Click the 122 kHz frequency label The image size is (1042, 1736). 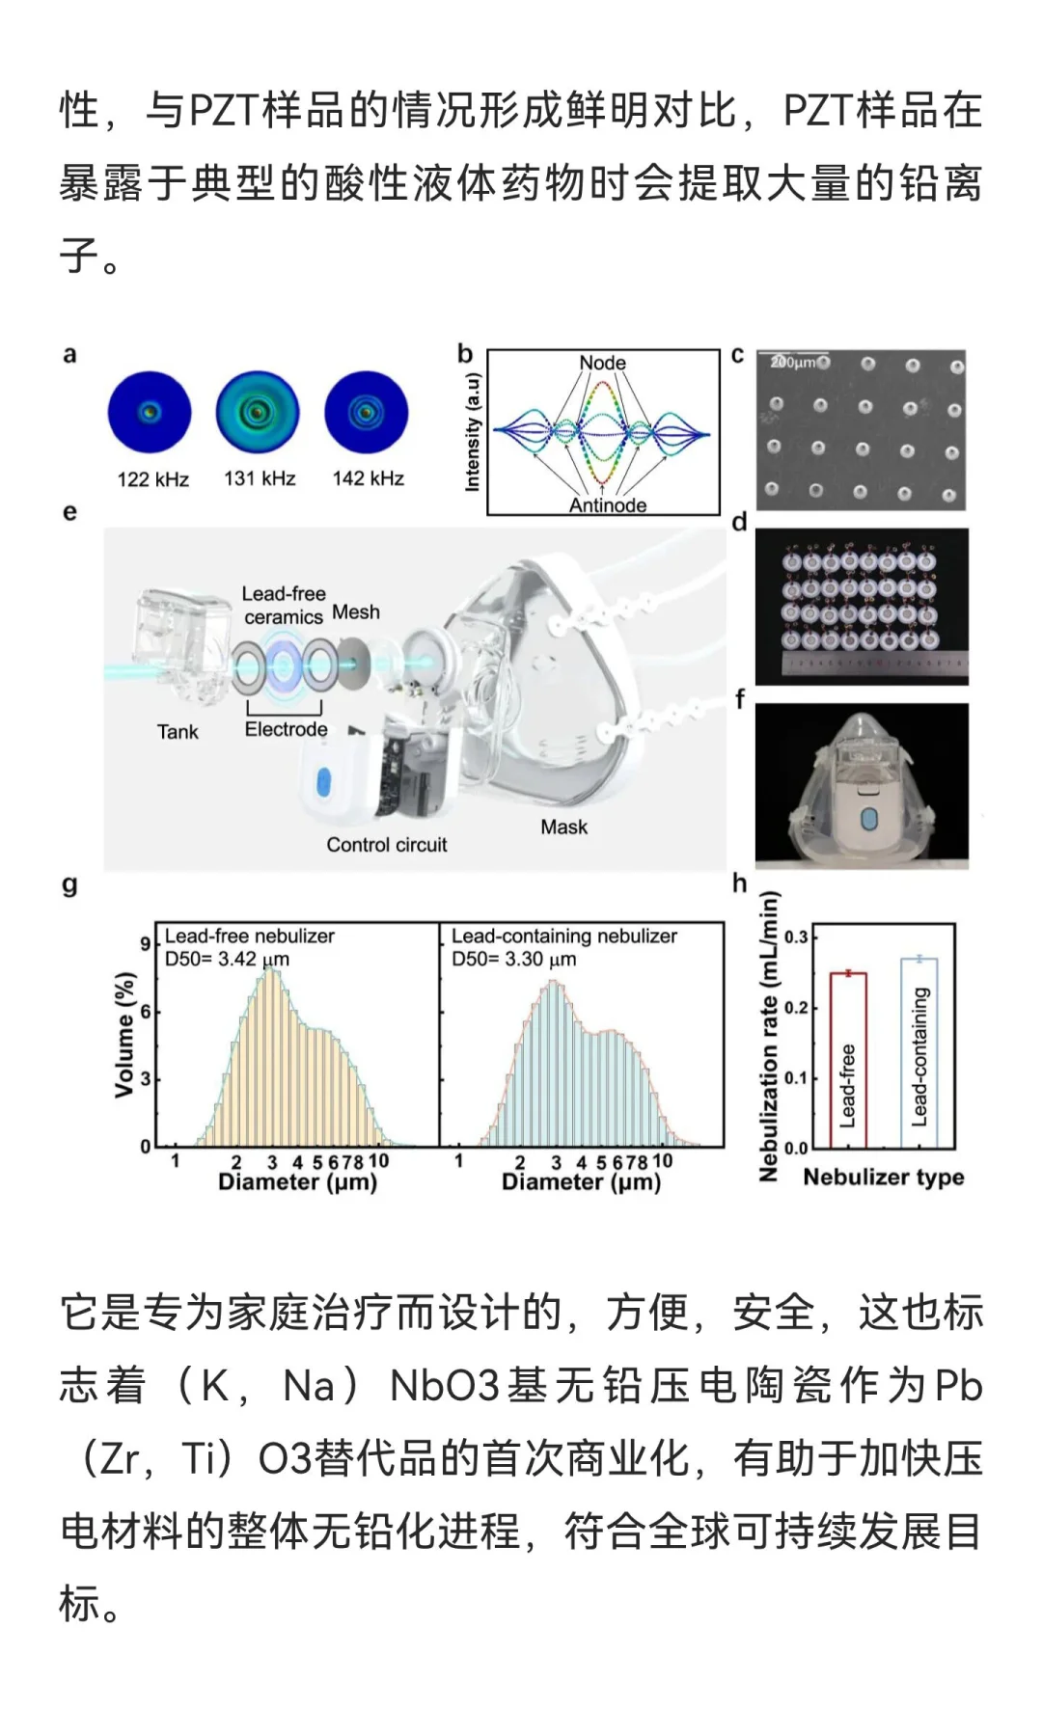point(152,479)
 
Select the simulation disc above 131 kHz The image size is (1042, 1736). point(258,413)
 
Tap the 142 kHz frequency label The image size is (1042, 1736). point(368,478)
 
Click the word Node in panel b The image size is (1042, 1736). point(602,363)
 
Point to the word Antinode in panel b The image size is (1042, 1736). point(608,504)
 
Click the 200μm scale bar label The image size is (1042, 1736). point(792,362)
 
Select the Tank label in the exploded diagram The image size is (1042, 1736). point(178,732)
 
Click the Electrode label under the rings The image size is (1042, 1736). point(286,729)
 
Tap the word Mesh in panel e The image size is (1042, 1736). point(356,612)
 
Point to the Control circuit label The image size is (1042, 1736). point(386,845)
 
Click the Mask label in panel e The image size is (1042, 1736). point(563,827)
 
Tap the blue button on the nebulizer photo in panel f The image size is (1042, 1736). point(866,819)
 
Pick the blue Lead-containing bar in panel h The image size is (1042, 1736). point(919,1052)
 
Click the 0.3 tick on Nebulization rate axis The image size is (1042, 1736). point(795,937)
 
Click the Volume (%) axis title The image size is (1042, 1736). point(124,1034)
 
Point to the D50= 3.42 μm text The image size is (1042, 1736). point(227,960)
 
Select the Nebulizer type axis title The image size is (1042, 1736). point(883,1178)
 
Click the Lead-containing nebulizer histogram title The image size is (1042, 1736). point(563,936)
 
